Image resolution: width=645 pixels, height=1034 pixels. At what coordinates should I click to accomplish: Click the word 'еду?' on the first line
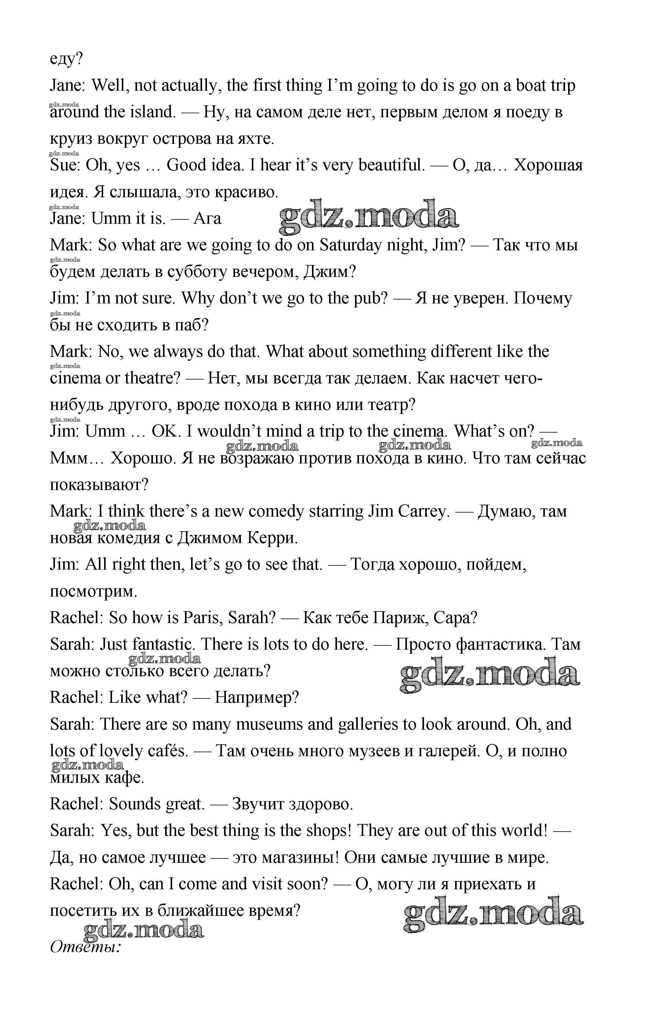click(66, 59)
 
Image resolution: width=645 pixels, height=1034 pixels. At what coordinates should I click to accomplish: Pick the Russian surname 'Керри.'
click(273, 538)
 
